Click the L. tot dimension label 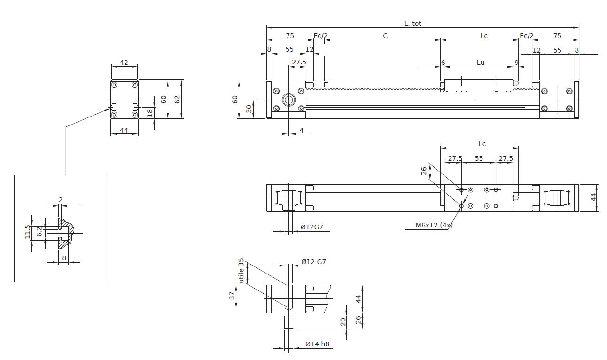413,23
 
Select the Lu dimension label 480,63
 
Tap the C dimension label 385,36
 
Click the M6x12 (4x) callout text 434,225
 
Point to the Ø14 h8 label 317,344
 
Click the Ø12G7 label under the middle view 312,227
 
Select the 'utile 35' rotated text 241,271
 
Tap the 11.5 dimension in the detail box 28,232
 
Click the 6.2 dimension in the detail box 39,231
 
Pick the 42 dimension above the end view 124,62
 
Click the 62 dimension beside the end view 177,100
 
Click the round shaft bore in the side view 288,100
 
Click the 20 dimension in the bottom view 343,321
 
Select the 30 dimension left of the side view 249,109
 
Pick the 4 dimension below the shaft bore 301,130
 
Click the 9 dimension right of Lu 517,63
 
